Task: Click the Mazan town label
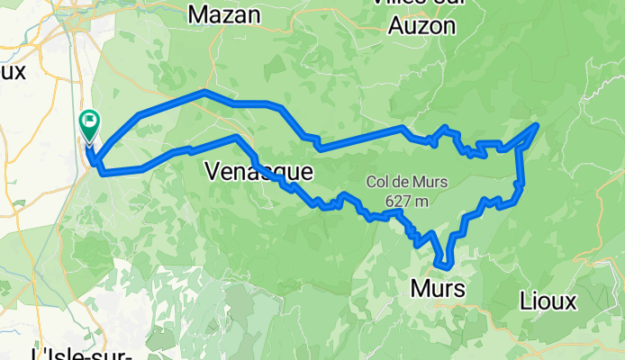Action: (x=225, y=14)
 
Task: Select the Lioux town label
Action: (x=548, y=301)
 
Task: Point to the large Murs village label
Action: (x=438, y=289)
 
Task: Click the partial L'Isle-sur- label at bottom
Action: (x=81, y=353)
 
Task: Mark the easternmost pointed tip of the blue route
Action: (x=538, y=124)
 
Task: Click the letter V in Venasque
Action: (x=213, y=170)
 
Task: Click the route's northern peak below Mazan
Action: (x=205, y=92)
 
